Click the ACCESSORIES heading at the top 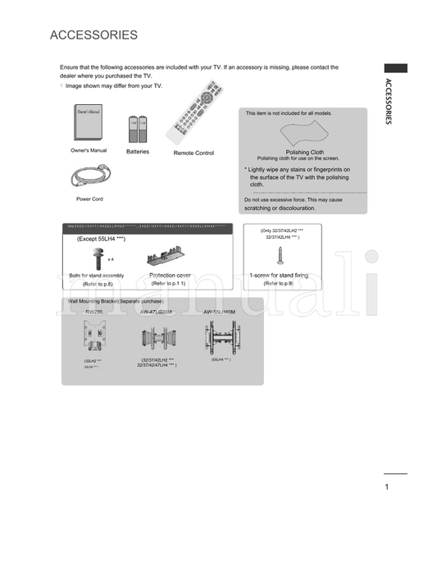click(x=93, y=35)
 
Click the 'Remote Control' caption click(x=193, y=153)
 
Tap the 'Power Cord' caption click(x=89, y=199)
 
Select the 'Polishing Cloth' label click(x=304, y=152)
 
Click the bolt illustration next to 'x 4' click(x=97, y=259)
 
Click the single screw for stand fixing click(x=281, y=257)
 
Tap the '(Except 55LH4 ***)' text click(x=102, y=238)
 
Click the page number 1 click(x=385, y=487)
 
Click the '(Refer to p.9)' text click(x=278, y=283)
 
